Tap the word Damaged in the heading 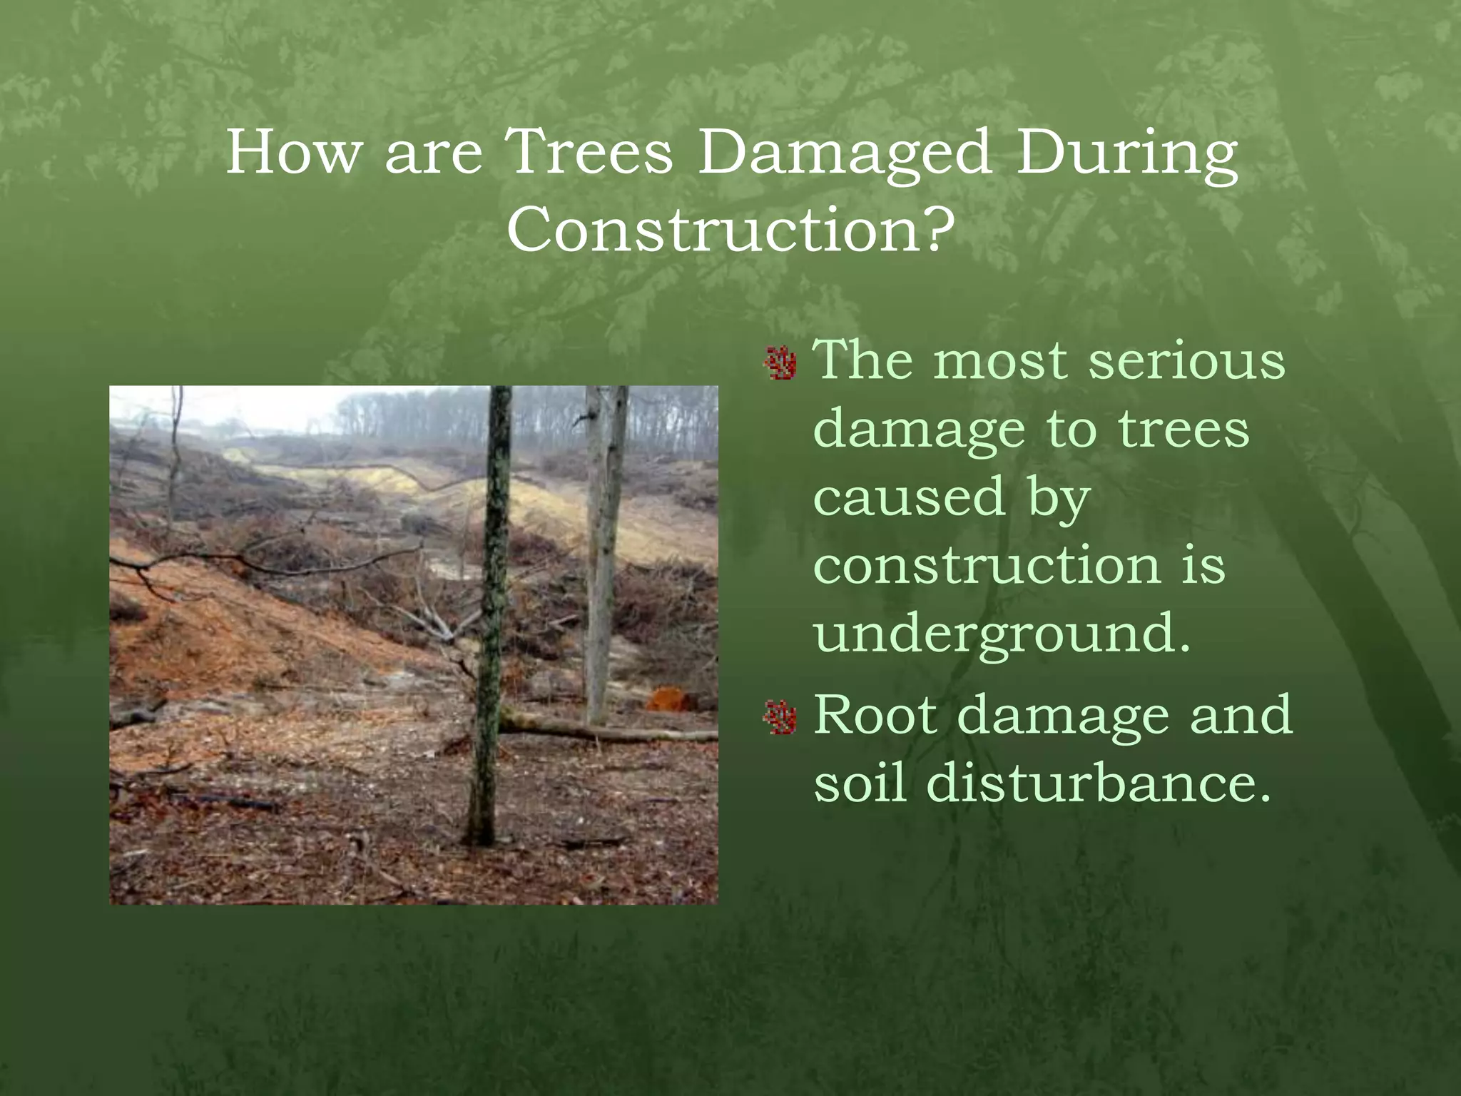(x=843, y=153)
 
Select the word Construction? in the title (x=730, y=230)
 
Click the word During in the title (x=1126, y=153)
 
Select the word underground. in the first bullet (x=1002, y=633)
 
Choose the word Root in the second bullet (x=875, y=714)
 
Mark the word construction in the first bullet (x=987, y=565)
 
